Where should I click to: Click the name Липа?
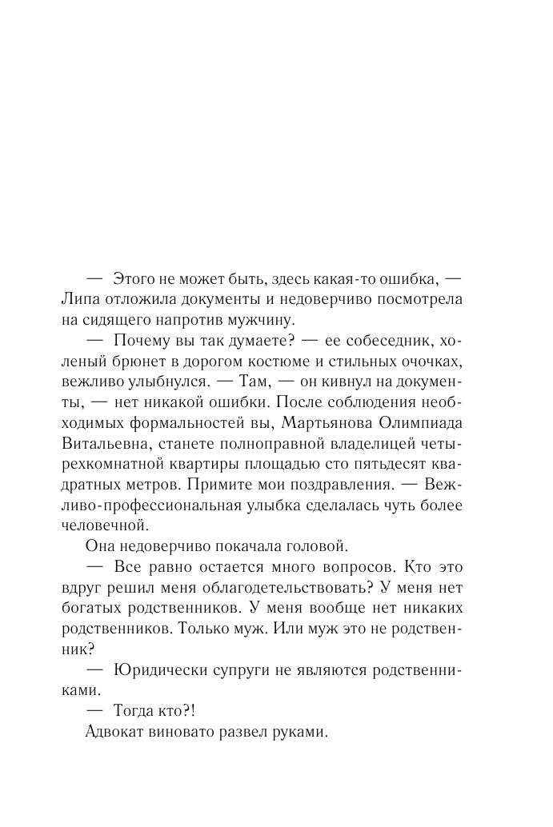(80, 298)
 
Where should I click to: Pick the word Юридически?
(156, 669)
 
